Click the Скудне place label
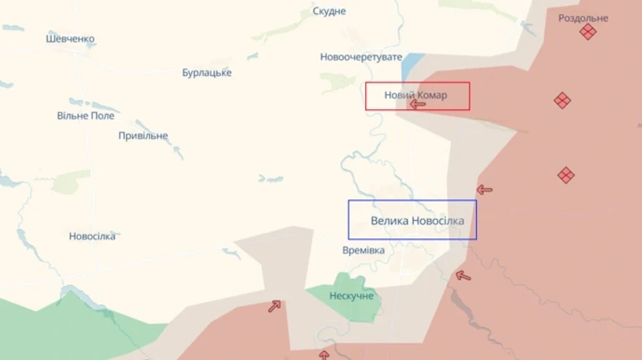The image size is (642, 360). pos(329,12)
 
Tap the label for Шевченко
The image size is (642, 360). pos(71,39)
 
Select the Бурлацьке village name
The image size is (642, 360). pos(207,72)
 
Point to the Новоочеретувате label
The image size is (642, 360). pos(361,57)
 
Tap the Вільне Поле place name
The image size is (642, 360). pos(86,116)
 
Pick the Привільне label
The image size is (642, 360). pos(143,136)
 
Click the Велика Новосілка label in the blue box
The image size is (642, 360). pos(418,221)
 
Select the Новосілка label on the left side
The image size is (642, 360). pos(93,237)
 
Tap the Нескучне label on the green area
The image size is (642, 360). pos(352,296)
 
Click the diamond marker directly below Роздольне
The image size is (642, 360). pos(588,32)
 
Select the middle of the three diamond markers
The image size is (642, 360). pos(563,101)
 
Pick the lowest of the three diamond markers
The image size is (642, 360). pos(566,175)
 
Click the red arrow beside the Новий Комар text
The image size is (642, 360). pos(418,105)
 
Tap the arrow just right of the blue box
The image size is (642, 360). pos(484,190)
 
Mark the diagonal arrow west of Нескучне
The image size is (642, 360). pos(274,306)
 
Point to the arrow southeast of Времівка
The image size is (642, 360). pos(463,276)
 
